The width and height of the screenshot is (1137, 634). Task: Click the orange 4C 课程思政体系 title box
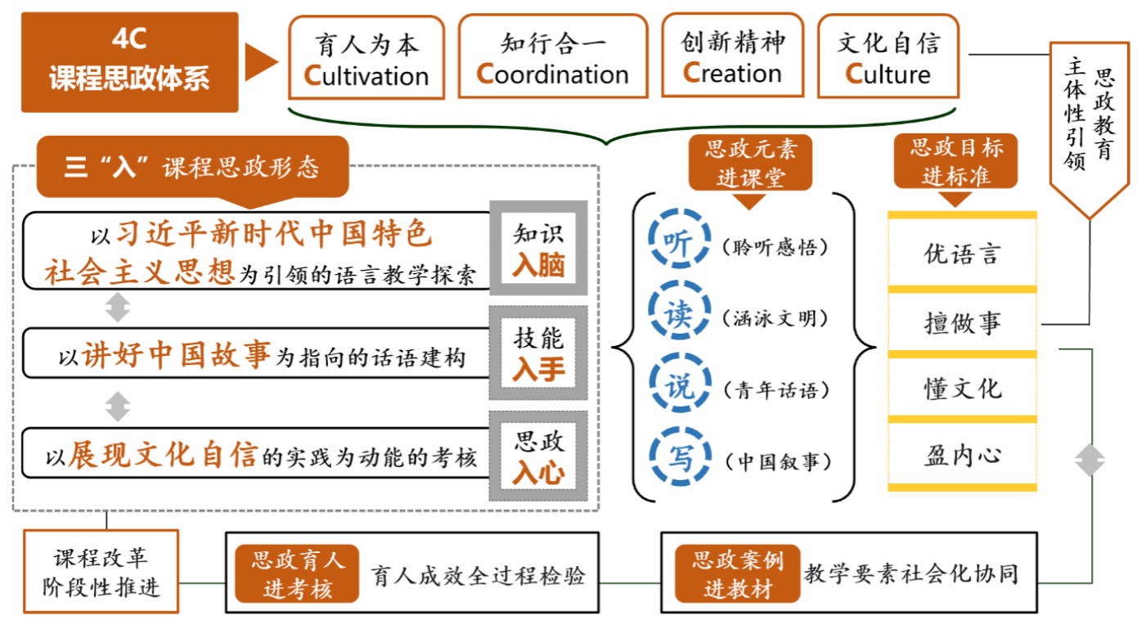[129, 62]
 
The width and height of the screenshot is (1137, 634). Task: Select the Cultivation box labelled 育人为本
[366, 58]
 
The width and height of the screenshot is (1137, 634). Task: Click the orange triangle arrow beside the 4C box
[261, 63]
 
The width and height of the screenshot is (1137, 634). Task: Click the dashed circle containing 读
[676, 313]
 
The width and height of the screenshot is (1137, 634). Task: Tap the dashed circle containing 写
[676, 457]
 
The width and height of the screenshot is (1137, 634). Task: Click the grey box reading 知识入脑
[538, 248]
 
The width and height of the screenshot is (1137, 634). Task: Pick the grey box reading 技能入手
[538, 354]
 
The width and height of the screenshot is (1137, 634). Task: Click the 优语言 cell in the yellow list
[962, 253]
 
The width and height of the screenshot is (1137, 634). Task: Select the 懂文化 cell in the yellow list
[962, 388]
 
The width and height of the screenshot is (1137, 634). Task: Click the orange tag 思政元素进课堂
[750, 163]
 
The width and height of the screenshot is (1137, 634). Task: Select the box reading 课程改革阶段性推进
[101, 572]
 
